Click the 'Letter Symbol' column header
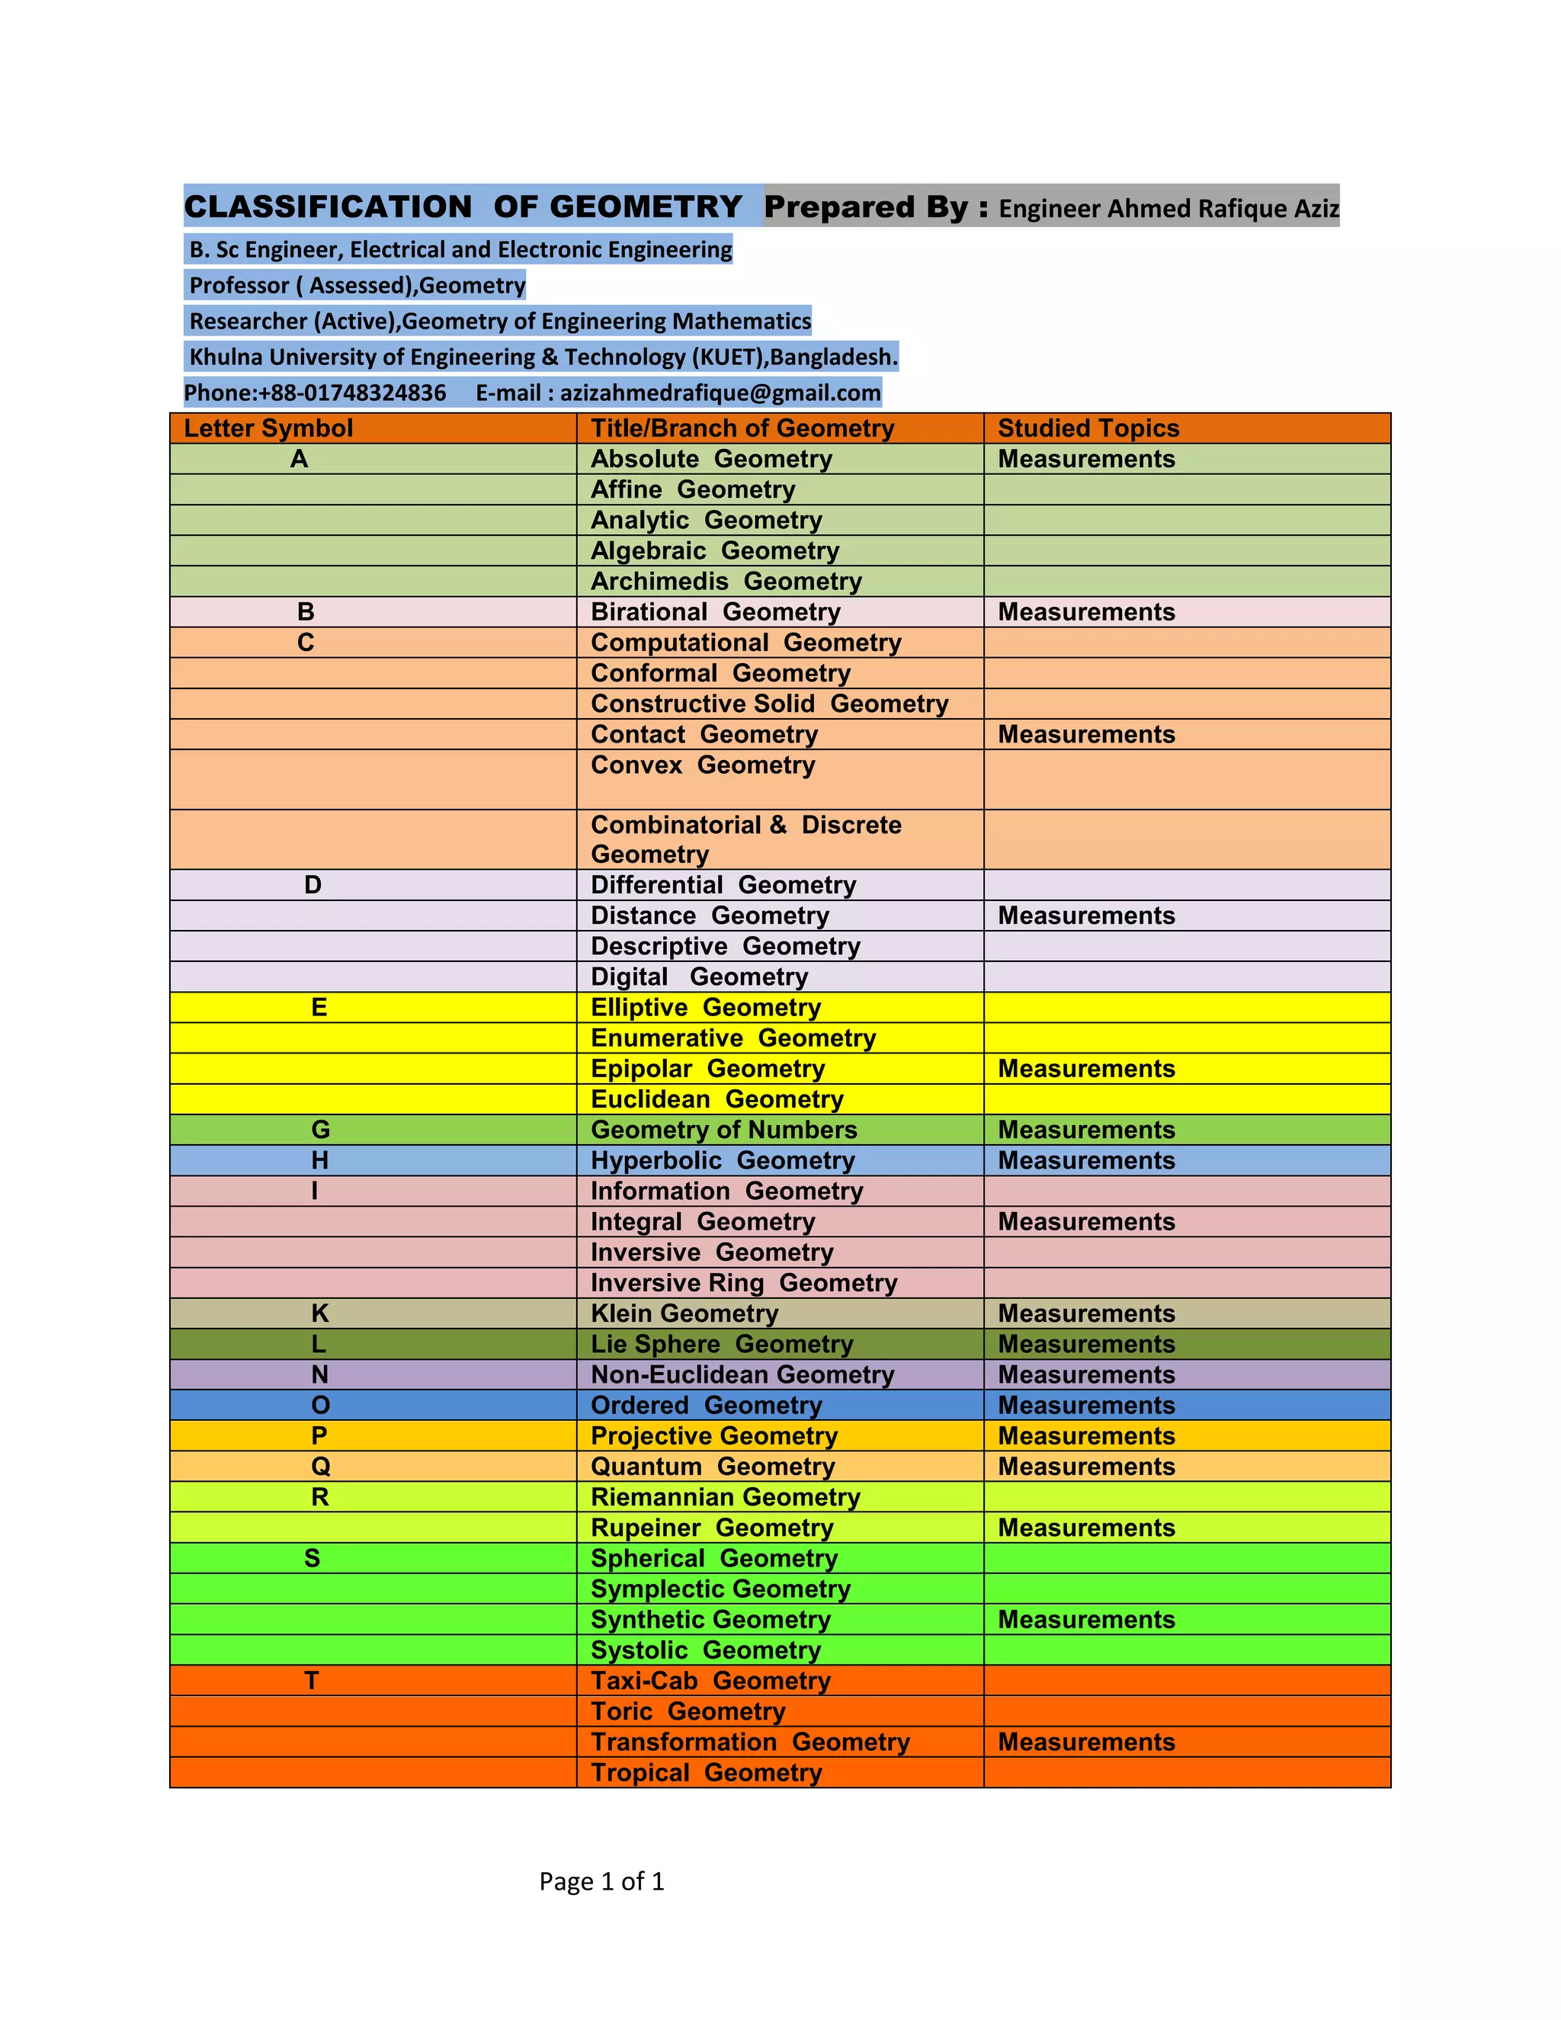(268, 428)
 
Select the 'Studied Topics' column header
(1088, 428)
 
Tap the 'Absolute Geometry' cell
(711, 459)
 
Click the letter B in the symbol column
(306, 612)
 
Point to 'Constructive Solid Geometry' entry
(769, 704)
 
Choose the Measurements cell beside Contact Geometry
(1085, 734)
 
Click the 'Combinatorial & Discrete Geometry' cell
(745, 839)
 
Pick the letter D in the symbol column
(313, 885)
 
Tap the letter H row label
(320, 1160)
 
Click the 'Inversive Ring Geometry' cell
(743, 1283)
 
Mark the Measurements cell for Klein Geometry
(1085, 1313)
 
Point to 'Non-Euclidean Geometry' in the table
(742, 1374)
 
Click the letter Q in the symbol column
(320, 1466)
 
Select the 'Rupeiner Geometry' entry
(711, 1527)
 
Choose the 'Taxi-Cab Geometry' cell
(710, 1681)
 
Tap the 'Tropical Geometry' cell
(706, 1772)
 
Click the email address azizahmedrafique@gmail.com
(720, 393)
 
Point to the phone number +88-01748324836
(351, 393)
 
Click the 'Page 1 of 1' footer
(601, 1881)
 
